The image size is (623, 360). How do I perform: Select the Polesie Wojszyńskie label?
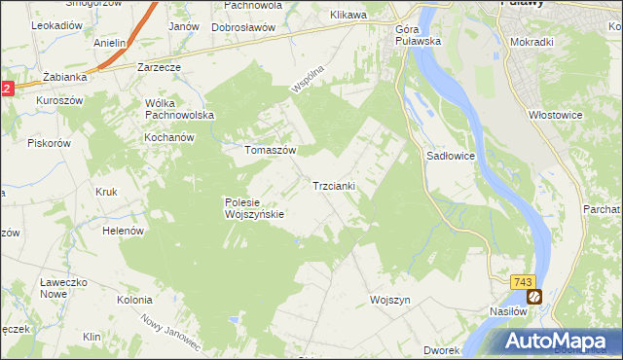coord(253,208)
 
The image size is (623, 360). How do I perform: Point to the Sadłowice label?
coord(450,156)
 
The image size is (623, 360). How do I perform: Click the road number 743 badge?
coord(523,281)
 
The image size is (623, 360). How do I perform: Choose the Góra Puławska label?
coord(419,35)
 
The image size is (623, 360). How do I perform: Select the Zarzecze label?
coord(159,68)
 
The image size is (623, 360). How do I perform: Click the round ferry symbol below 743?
coord(533,296)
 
